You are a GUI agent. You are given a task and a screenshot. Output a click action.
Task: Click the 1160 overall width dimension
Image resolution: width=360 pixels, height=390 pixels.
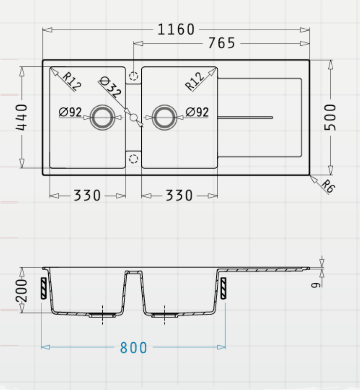[x=176, y=29]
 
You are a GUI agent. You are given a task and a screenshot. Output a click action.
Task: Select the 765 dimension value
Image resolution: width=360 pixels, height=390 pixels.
[x=222, y=43]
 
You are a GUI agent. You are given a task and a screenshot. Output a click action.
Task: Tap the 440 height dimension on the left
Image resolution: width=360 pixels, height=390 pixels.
[x=21, y=117]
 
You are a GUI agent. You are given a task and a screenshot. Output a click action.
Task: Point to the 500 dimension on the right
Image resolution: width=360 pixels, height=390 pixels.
[x=330, y=117]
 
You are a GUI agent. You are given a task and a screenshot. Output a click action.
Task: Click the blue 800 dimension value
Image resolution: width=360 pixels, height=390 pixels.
[x=133, y=348]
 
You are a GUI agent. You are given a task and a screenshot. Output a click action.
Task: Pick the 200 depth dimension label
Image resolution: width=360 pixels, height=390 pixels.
[x=21, y=290]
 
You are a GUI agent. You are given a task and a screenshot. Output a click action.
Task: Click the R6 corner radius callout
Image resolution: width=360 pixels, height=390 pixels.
[x=328, y=186]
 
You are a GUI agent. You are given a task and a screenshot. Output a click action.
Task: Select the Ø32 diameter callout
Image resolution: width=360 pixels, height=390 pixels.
[x=111, y=87]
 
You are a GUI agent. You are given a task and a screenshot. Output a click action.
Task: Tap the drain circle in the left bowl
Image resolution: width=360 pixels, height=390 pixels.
[x=102, y=117]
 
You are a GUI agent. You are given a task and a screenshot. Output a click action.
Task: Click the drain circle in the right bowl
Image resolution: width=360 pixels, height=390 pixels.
[x=164, y=117]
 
